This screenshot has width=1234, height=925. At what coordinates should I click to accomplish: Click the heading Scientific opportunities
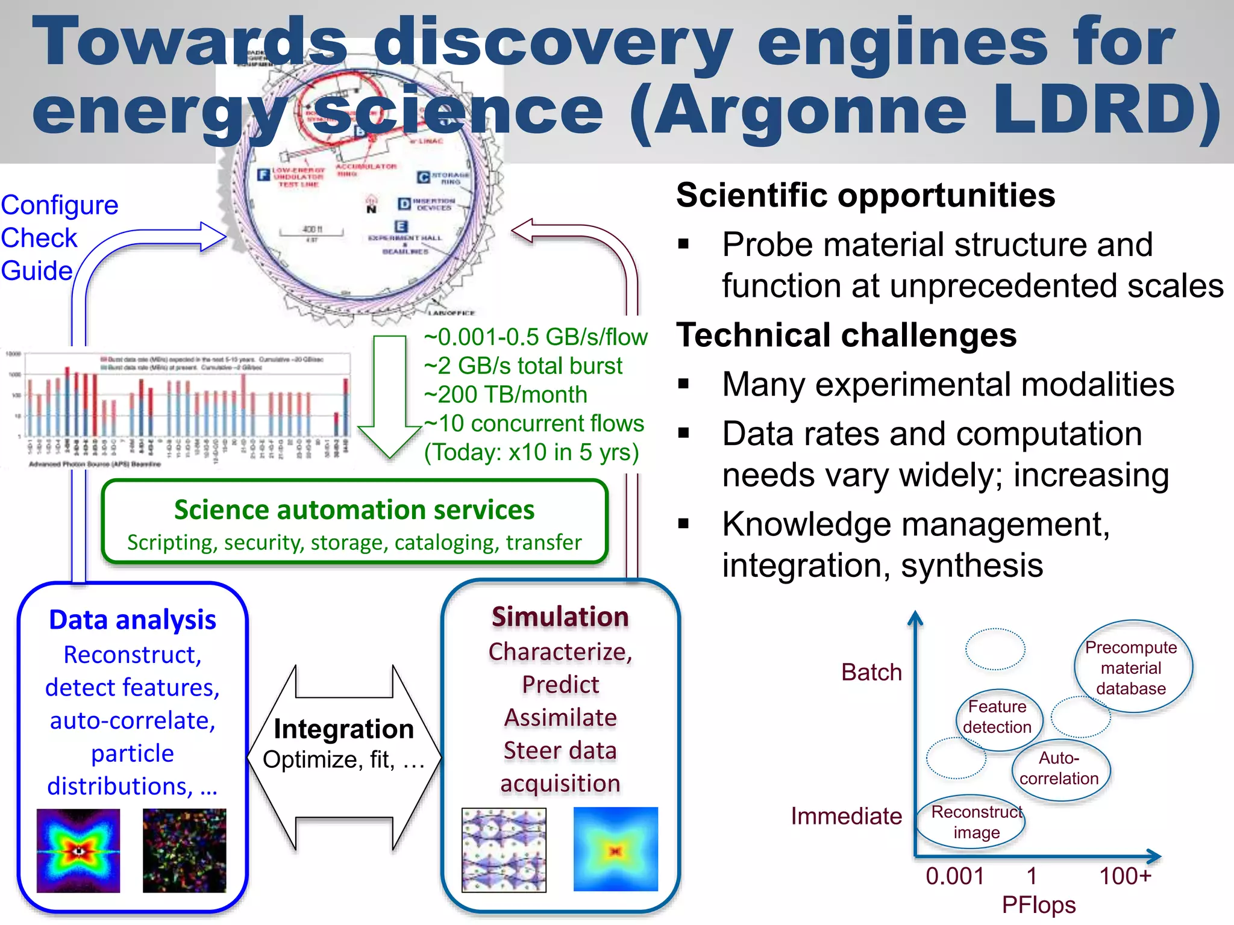tap(865, 195)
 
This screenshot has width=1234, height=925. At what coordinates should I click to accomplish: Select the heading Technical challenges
tap(846, 335)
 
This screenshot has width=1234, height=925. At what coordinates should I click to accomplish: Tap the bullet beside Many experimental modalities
tap(683, 384)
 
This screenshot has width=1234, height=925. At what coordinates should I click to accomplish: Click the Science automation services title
tap(354, 510)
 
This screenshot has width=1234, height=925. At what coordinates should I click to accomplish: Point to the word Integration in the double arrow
tap(343, 729)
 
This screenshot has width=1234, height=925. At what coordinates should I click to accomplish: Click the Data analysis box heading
tap(133, 620)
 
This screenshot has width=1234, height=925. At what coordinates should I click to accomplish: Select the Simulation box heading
tap(560, 617)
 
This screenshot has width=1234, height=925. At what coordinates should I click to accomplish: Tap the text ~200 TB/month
tap(505, 395)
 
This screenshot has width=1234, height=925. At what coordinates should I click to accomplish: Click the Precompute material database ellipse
tap(1131, 667)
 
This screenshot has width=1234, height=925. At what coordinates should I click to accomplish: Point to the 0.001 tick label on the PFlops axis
tap(955, 876)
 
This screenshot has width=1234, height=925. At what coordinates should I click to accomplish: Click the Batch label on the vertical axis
tap(871, 672)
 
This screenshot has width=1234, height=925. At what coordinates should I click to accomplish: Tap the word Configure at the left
tap(60, 205)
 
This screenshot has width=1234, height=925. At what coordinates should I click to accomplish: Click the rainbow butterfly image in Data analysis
tap(78, 850)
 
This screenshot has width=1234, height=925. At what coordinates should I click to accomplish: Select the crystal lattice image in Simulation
tap(504, 850)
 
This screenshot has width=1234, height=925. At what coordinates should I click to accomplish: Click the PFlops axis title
tap(1038, 905)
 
